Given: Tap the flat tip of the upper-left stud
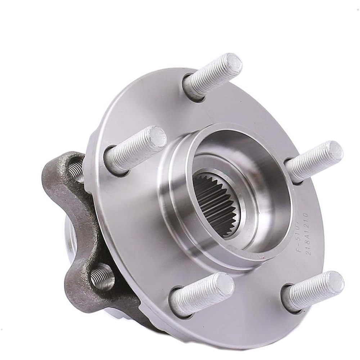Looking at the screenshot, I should coord(156,138).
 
